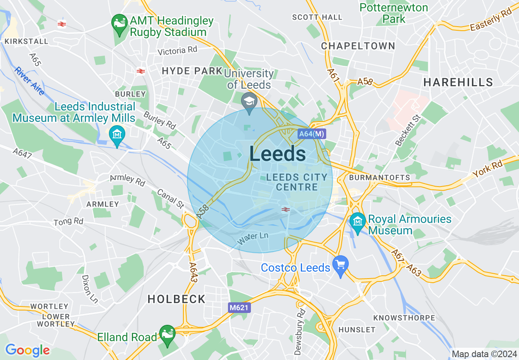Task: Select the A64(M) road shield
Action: pyautogui.click(x=311, y=133)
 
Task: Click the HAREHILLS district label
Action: pyautogui.click(x=458, y=82)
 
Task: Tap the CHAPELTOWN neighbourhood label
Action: pyautogui.click(x=358, y=46)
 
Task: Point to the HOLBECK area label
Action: pyautogui.click(x=176, y=299)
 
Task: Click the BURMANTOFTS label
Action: pyautogui.click(x=379, y=178)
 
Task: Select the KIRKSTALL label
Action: pyautogui.click(x=26, y=41)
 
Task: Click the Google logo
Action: pyautogui.click(x=27, y=350)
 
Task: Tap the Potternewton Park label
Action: pyautogui.click(x=394, y=13)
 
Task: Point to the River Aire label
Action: pyautogui.click(x=29, y=81)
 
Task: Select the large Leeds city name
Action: pyautogui.click(x=277, y=154)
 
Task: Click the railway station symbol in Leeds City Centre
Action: pyautogui.click(x=286, y=209)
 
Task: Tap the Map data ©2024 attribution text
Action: pyautogui.click(x=484, y=354)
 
